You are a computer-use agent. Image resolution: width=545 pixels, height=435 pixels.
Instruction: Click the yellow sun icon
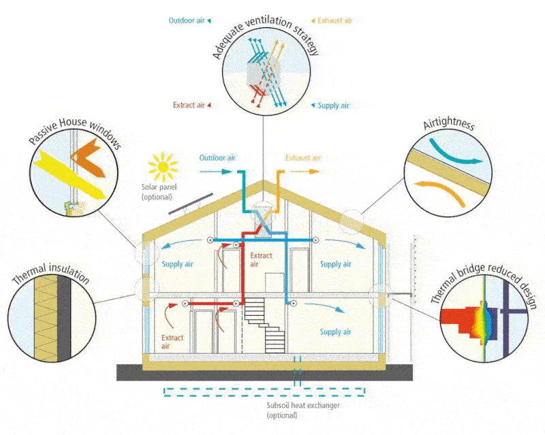point(163,167)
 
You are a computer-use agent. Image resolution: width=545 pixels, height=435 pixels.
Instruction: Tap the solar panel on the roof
point(191,204)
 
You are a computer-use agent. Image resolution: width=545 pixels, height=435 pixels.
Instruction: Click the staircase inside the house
point(265,325)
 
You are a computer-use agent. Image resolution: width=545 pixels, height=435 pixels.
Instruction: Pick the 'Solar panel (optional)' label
point(159,192)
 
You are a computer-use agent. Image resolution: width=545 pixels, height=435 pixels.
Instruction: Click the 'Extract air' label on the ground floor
point(172,342)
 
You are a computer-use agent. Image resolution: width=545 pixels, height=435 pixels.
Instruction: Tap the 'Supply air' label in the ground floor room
point(335,332)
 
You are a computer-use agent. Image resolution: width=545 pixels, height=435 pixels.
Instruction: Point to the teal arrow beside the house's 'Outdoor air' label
point(216,172)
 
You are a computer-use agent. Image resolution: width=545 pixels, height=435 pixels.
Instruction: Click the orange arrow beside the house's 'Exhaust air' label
point(305,172)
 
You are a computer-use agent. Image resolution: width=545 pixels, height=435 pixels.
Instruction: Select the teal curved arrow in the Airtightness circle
point(455,152)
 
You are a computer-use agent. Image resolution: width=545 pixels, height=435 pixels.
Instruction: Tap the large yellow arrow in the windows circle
point(72,174)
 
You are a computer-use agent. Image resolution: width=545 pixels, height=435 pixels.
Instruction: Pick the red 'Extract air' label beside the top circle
point(189,105)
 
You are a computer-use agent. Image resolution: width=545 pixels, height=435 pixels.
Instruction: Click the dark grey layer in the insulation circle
point(64,319)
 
